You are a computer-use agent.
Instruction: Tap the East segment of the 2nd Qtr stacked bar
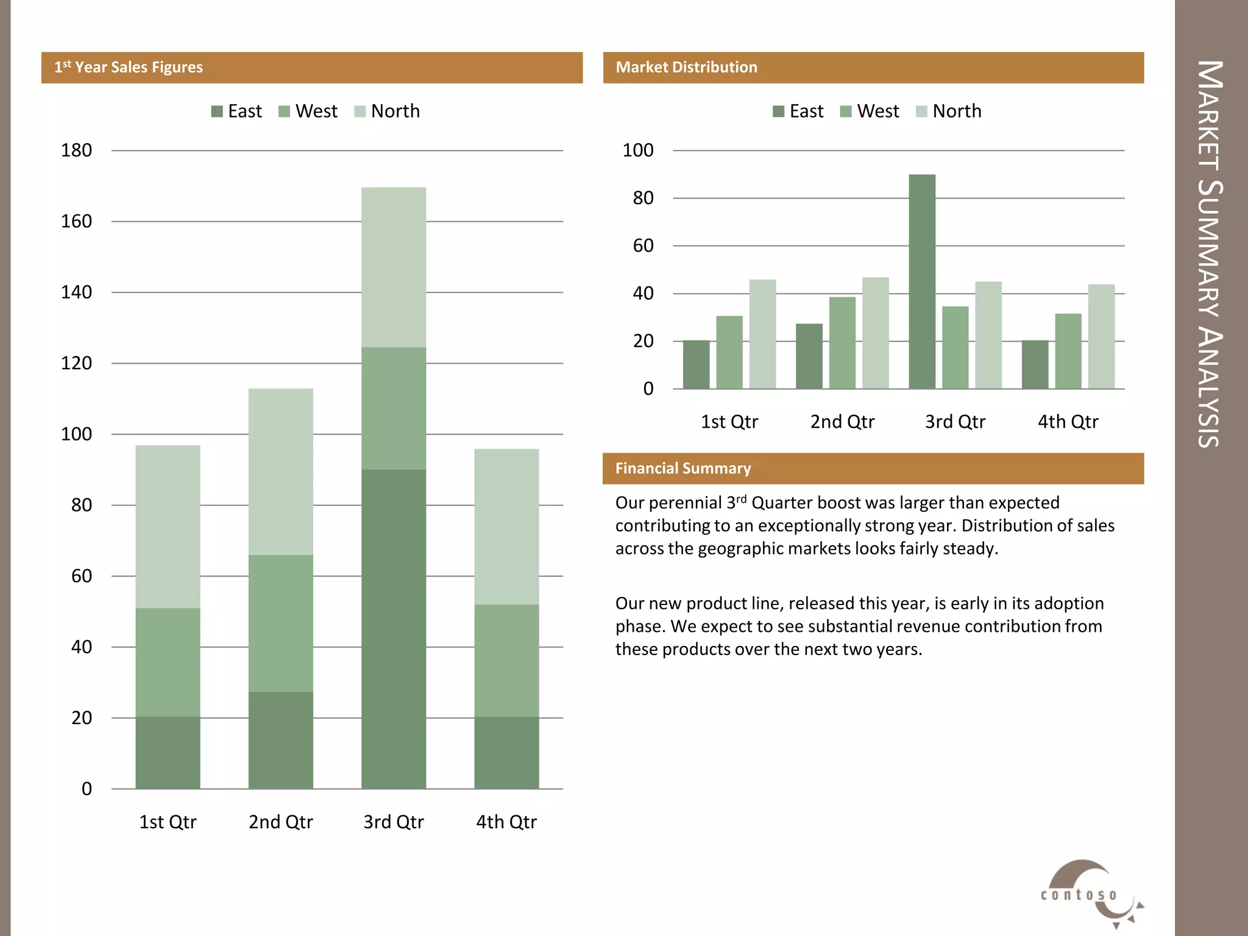[281, 740]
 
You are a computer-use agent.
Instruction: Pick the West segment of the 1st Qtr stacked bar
[168, 662]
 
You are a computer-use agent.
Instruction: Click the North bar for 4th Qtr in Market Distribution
[1101, 336]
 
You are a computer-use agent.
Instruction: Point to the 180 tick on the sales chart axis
[76, 151]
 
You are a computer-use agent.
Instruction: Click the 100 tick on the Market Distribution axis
[637, 151]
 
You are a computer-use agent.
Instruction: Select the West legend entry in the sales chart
[308, 112]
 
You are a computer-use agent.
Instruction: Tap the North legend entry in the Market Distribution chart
[949, 112]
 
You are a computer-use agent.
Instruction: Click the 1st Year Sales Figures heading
[129, 68]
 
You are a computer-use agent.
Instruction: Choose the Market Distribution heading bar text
[686, 68]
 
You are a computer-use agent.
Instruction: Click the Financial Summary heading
[682, 469]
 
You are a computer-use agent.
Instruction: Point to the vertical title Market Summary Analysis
[1210, 254]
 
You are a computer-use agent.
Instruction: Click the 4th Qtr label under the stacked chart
[506, 822]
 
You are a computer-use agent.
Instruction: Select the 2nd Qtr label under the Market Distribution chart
[842, 422]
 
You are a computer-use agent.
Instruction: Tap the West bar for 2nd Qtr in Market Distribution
[842, 342]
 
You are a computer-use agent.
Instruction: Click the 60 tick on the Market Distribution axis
[643, 246]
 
